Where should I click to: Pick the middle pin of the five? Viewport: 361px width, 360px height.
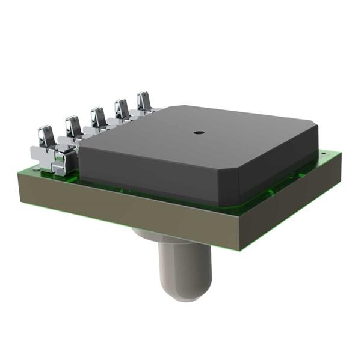click(x=98, y=118)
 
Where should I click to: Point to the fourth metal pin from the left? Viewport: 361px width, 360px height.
click(x=122, y=109)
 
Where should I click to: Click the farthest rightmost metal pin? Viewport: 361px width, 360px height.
click(x=144, y=102)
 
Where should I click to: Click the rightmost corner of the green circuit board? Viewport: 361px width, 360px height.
click(x=341, y=153)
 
